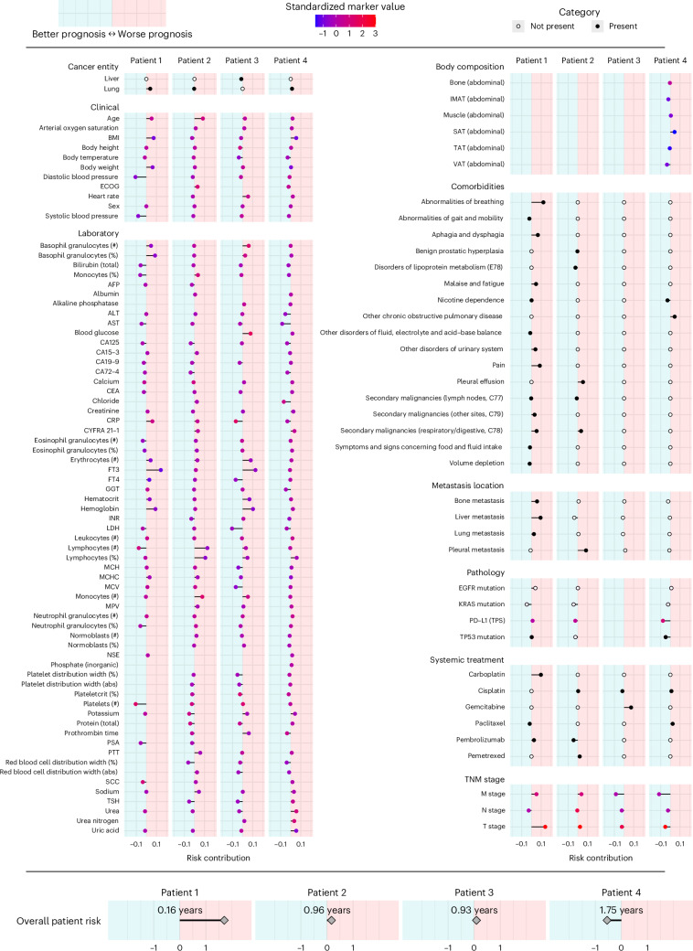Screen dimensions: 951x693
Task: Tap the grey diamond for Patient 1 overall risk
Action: pos(224,921)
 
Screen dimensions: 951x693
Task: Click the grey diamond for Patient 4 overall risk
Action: pos(607,921)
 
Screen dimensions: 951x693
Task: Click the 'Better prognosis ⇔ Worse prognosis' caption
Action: pos(112,34)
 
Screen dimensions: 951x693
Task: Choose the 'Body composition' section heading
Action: pos(465,67)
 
